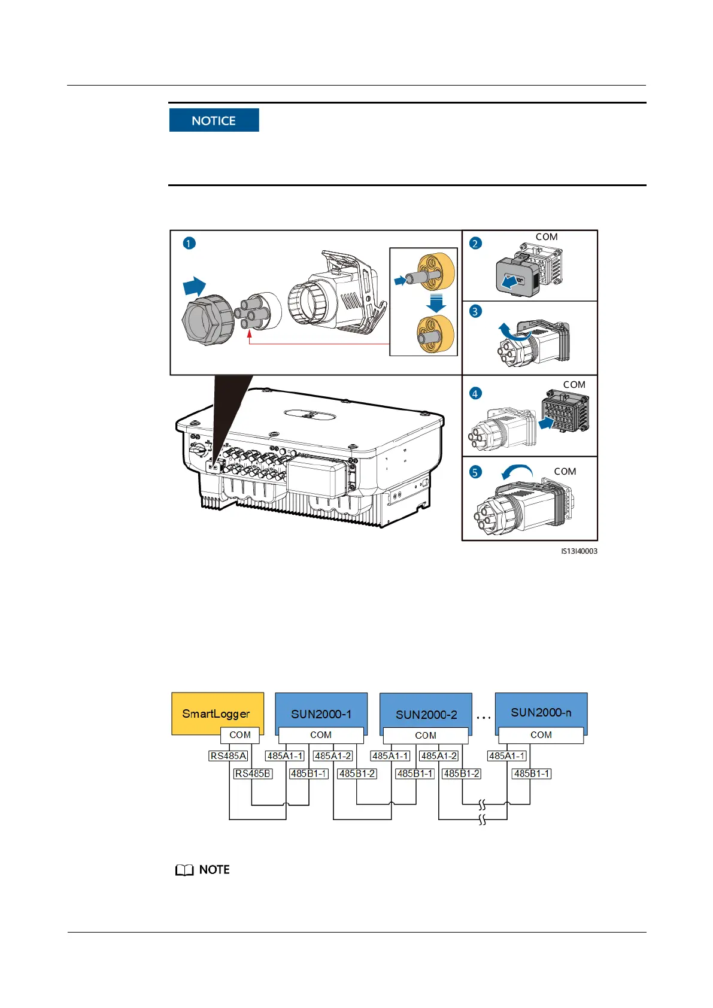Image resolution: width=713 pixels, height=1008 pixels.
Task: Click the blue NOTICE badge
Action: point(214,120)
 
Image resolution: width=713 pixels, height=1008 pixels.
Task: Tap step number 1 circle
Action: point(189,244)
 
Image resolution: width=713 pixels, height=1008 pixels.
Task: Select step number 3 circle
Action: point(475,311)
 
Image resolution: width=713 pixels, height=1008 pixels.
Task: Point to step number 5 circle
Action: point(475,472)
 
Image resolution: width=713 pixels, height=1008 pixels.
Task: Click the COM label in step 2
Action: point(546,237)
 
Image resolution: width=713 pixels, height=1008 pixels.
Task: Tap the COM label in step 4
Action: point(574,385)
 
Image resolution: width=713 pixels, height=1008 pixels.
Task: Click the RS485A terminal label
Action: point(228,756)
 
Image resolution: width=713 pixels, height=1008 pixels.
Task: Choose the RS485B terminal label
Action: point(253,773)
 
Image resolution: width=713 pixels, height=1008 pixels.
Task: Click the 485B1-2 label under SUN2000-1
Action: point(357,773)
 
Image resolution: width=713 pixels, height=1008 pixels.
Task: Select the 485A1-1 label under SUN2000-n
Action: point(506,756)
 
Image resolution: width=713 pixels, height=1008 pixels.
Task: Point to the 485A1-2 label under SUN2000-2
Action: point(439,756)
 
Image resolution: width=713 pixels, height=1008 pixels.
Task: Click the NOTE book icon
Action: point(184,870)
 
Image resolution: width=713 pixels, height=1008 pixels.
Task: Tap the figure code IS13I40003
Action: point(578,551)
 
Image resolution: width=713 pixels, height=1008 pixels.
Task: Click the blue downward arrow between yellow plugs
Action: point(436,303)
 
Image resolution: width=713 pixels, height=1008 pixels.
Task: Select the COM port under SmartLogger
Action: point(240,735)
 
